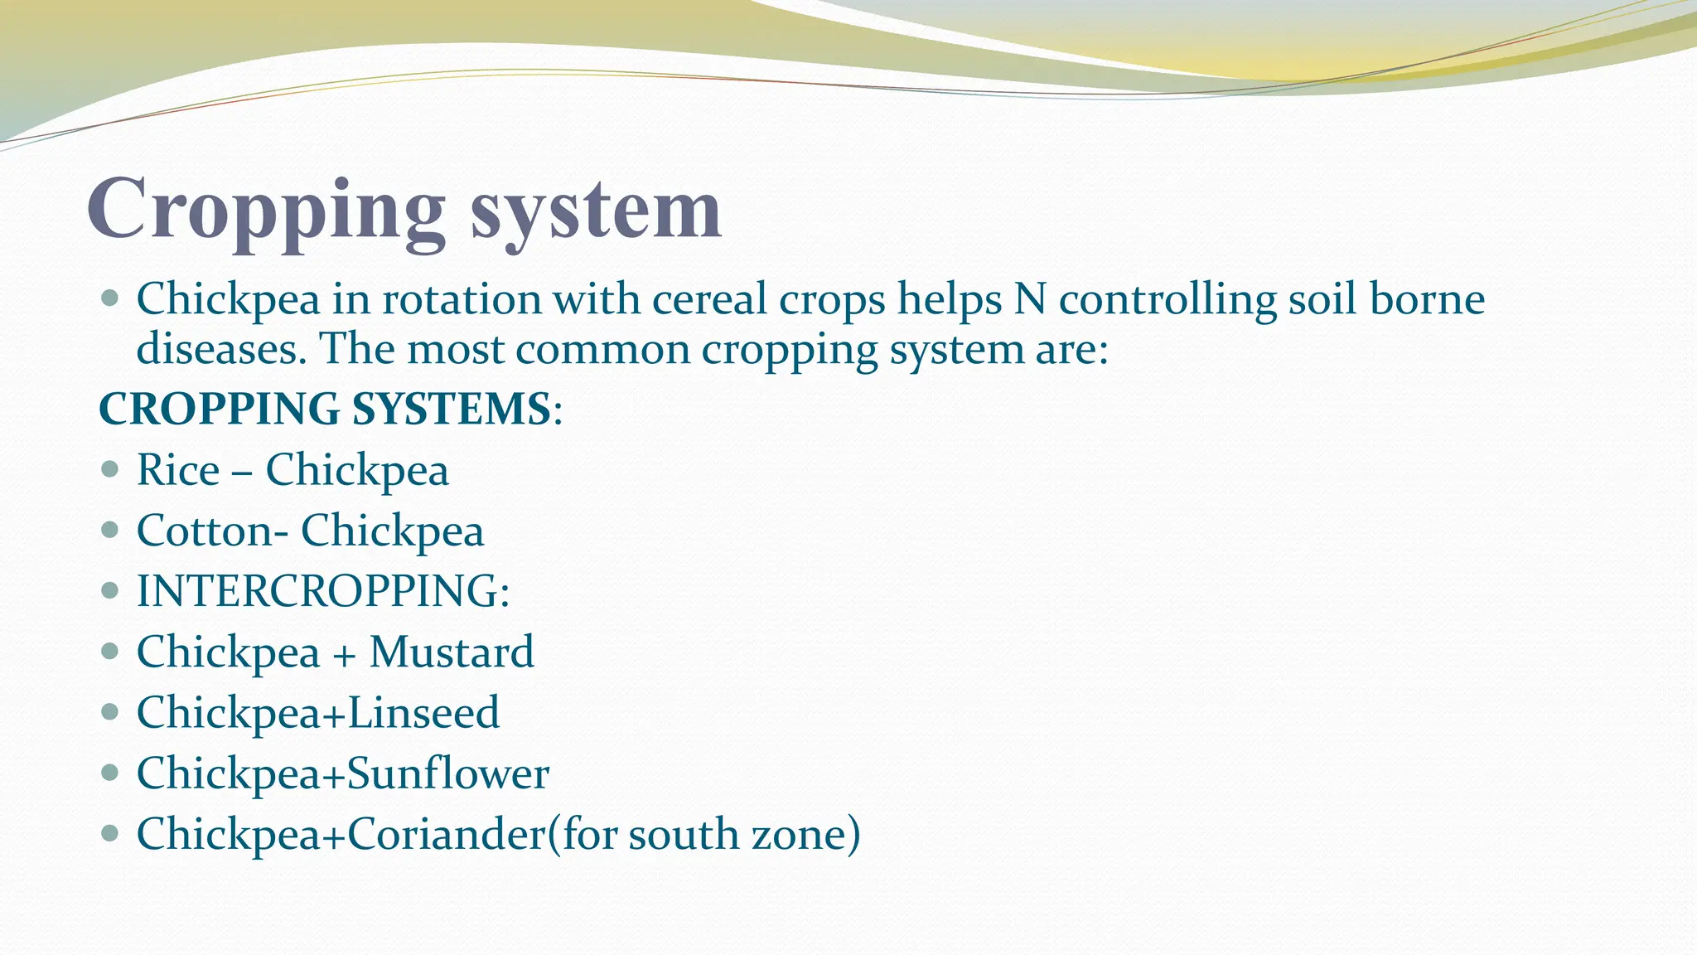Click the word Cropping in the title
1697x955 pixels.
[x=265, y=211]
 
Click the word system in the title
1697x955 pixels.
[x=596, y=211]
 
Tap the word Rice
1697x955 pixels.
[x=178, y=471]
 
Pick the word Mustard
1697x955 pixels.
[x=452, y=652]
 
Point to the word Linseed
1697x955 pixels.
[x=423, y=713]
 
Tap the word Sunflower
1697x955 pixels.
[x=448, y=773]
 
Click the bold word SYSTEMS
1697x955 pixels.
[x=452, y=410]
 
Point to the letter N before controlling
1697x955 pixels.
[x=1030, y=300]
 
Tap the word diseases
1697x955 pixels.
[x=220, y=349]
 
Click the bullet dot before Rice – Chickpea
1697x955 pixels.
[x=109, y=470]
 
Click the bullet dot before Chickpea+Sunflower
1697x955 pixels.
[x=109, y=773]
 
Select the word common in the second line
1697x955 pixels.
[x=602, y=349]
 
